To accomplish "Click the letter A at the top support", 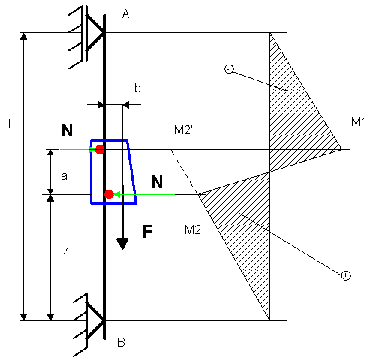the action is pyautogui.click(x=125, y=14).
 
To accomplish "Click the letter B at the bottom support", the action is pyautogui.click(x=121, y=342).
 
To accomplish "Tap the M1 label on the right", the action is pyautogui.click(x=359, y=121).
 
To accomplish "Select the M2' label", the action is pyautogui.click(x=183, y=130).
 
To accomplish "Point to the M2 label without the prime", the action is pyautogui.click(x=193, y=229).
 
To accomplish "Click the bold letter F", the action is pyautogui.click(x=148, y=231).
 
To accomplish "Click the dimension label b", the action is pyautogui.click(x=137, y=88).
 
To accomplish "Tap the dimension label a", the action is pyautogui.click(x=65, y=176).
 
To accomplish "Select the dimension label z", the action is pyautogui.click(x=65, y=250).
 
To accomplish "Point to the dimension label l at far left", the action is pyautogui.click(x=10, y=124).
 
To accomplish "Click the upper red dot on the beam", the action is pyautogui.click(x=100, y=150).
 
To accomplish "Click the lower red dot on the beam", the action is pyautogui.click(x=109, y=194).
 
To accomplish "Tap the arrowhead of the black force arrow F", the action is pyautogui.click(x=122, y=244).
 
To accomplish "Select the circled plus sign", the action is pyautogui.click(x=346, y=275).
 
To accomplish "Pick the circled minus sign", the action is pyautogui.click(x=229, y=69).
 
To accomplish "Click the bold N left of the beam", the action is pyautogui.click(x=67, y=130).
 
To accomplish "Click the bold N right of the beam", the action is pyautogui.click(x=157, y=182).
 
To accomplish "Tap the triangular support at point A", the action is pyautogui.click(x=95, y=33).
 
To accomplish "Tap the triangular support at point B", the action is pyautogui.click(x=95, y=320).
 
